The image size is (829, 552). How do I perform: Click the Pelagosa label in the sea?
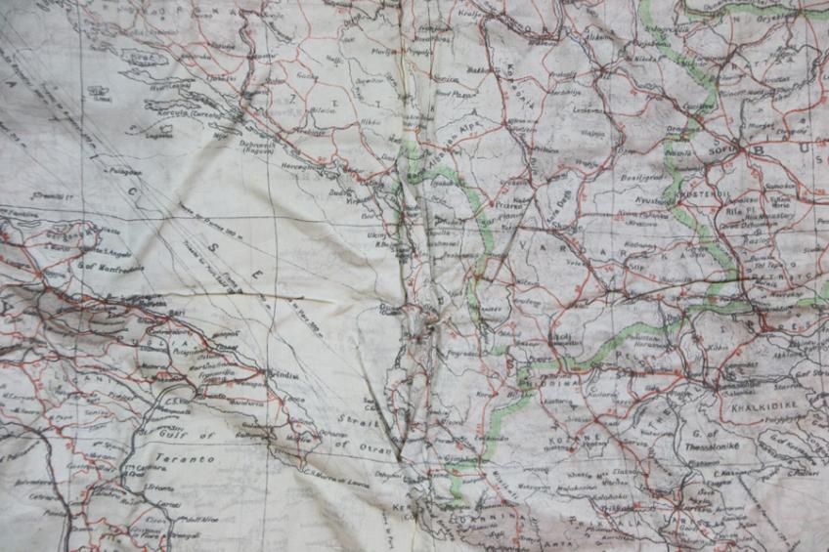coord(124,172)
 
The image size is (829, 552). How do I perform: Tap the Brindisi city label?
coord(285,374)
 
